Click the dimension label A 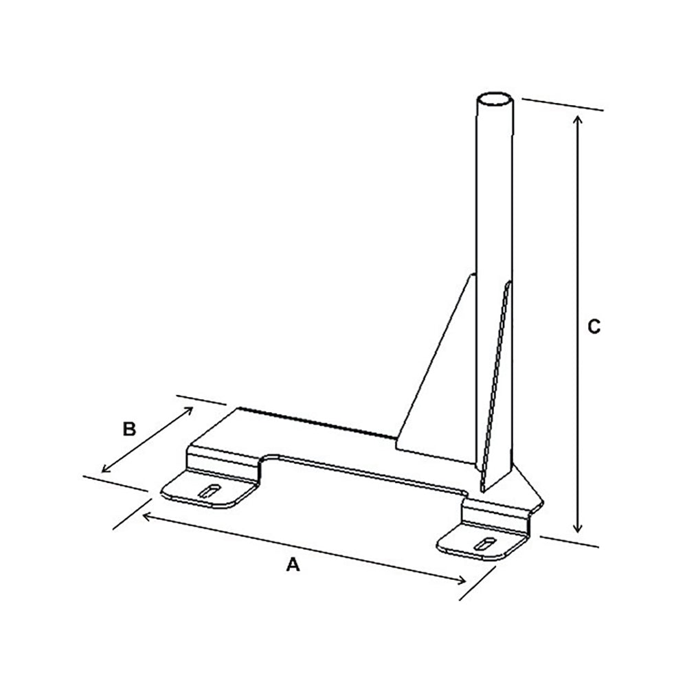tap(293, 565)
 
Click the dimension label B tap(128, 429)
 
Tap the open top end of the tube tap(495, 100)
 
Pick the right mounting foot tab tap(481, 543)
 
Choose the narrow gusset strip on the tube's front tap(496, 385)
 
